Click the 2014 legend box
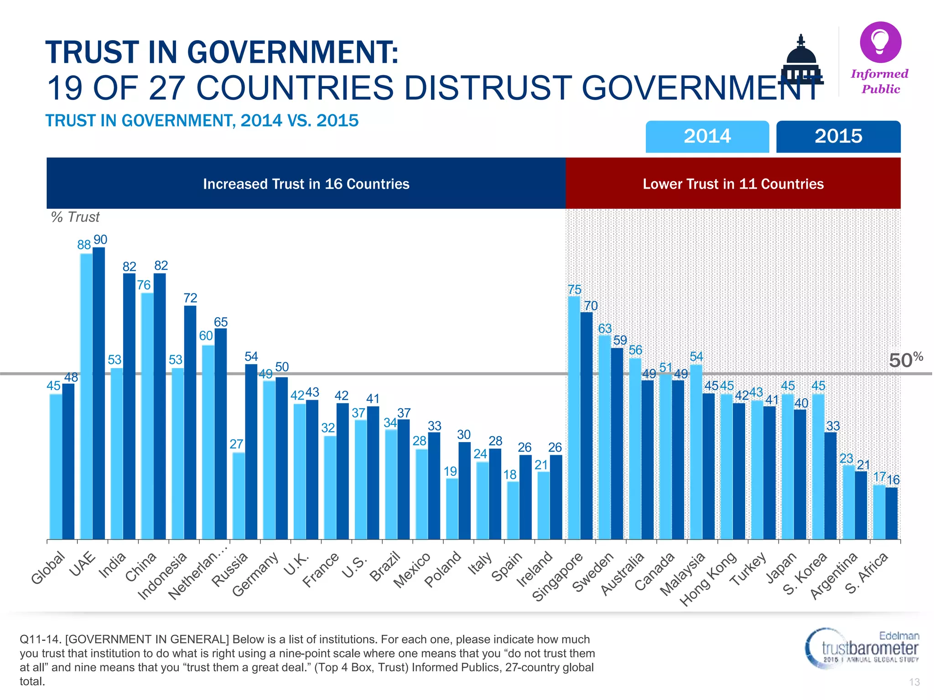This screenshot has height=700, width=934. (707, 136)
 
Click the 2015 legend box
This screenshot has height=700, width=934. (838, 136)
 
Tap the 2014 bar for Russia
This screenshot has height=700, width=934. (239, 496)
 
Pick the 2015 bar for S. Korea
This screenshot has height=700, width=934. (830, 485)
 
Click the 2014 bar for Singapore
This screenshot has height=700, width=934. (574, 417)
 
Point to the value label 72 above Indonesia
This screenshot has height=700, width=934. (190, 298)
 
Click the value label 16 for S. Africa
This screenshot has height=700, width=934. (893, 480)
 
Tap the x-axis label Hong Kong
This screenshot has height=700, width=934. (708, 579)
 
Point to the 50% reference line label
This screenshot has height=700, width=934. (905, 360)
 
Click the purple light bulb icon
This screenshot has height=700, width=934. (880, 42)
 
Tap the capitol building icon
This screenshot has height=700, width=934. (801, 62)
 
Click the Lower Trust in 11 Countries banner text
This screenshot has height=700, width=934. (733, 184)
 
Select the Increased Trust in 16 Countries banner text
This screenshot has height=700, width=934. (306, 184)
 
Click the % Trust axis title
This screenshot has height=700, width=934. (75, 217)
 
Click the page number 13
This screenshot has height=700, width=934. (914, 682)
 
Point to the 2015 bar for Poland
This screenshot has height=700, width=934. (464, 490)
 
